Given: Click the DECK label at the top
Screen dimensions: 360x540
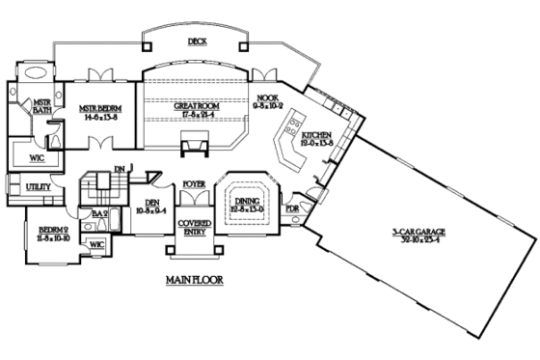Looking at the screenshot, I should point(198,42).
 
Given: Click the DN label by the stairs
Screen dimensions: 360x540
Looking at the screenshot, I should point(120,168).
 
